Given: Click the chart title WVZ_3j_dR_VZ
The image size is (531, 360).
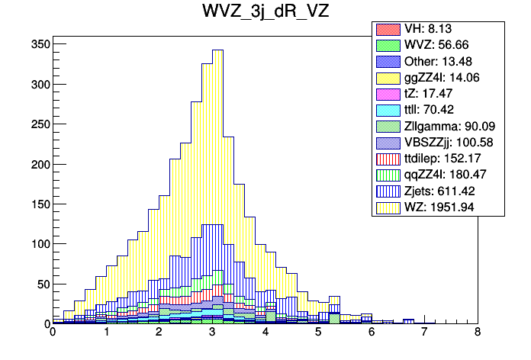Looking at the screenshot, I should coord(265,13).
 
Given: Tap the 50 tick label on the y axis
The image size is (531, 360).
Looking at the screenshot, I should coord(43,284).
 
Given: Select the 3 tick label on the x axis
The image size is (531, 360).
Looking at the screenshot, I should coord(212,333).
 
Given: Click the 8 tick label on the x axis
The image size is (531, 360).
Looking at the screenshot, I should coord(477,333).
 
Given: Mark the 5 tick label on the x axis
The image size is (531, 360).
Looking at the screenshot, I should coord(318,333).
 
